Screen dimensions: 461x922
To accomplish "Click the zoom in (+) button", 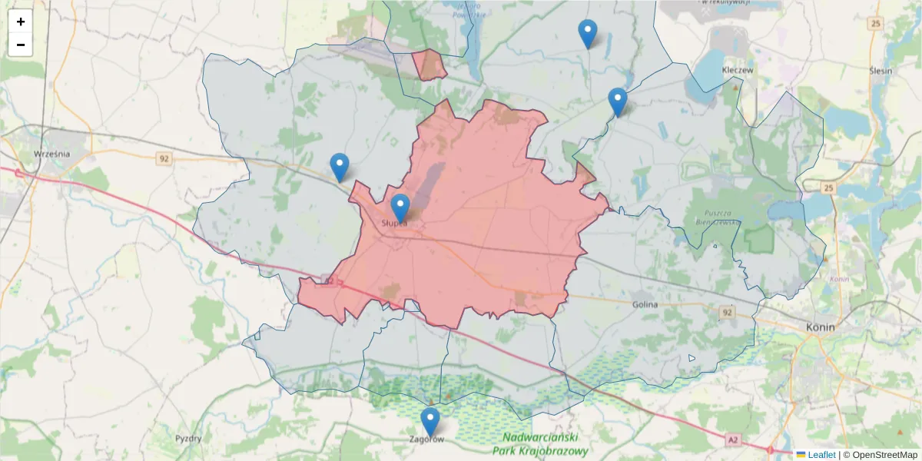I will [21, 22].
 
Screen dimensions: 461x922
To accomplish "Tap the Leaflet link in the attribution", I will [821, 455].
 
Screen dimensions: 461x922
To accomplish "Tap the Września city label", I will [52, 154].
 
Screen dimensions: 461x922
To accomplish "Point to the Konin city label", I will [821, 327].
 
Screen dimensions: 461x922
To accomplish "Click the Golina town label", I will [645, 304].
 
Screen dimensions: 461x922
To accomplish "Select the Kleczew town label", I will [738, 69].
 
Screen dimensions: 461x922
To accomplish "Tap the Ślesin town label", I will [881, 71].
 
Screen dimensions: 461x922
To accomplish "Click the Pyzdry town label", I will [188, 439].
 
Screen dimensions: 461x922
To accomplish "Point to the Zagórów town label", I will [427, 439].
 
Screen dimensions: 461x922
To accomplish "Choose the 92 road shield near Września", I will [163, 159].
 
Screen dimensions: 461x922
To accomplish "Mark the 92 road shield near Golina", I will [727, 313].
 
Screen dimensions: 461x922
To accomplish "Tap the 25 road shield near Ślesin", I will [876, 24].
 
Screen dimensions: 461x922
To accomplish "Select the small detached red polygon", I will [429, 65].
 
